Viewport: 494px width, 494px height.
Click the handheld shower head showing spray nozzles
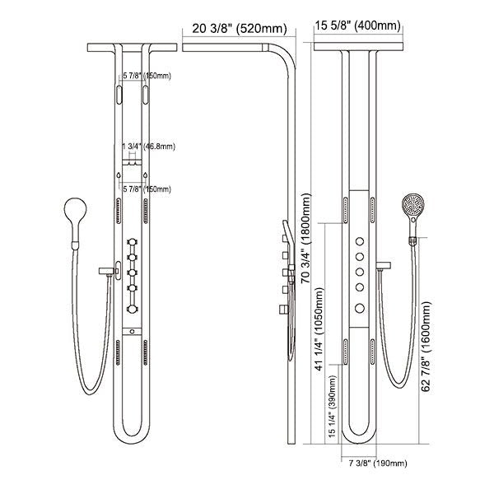click(412, 207)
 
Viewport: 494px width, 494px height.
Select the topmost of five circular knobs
click(359, 240)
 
